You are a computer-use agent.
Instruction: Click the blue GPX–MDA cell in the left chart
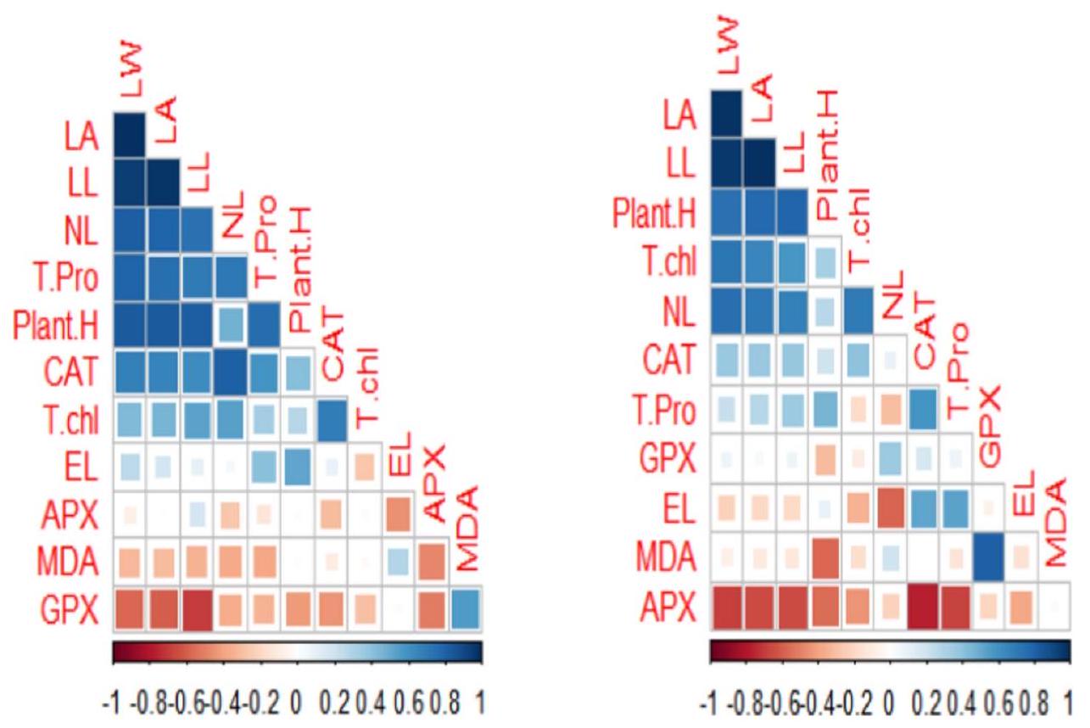pyautogui.click(x=465, y=609)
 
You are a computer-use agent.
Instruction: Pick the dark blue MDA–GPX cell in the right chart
pyautogui.click(x=989, y=557)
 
